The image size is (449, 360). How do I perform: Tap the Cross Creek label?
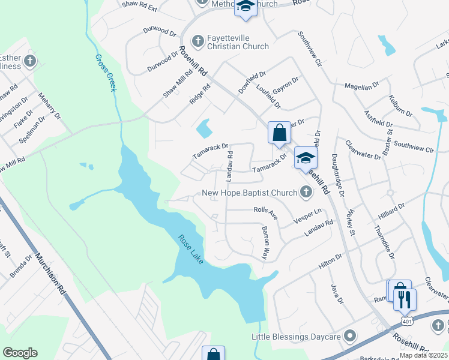pyautogui.click(x=106, y=73)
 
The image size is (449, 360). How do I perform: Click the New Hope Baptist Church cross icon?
pyautogui.click(x=306, y=193)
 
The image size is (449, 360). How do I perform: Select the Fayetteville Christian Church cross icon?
pyautogui.click(x=197, y=41)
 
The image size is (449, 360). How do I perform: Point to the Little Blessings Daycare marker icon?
pyautogui.click(x=350, y=336)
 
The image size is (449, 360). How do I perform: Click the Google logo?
pyautogui.click(x=20, y=353)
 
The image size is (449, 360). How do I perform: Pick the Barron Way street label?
pyautogui.click(x=264, y=242)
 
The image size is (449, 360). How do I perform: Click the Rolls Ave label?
pyautogui.click(x=265, y=211)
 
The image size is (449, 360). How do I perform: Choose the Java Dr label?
pyautogui.click(x=335, y=293)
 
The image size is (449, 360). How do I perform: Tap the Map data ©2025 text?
pyautogui.click(x=423, y=355)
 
